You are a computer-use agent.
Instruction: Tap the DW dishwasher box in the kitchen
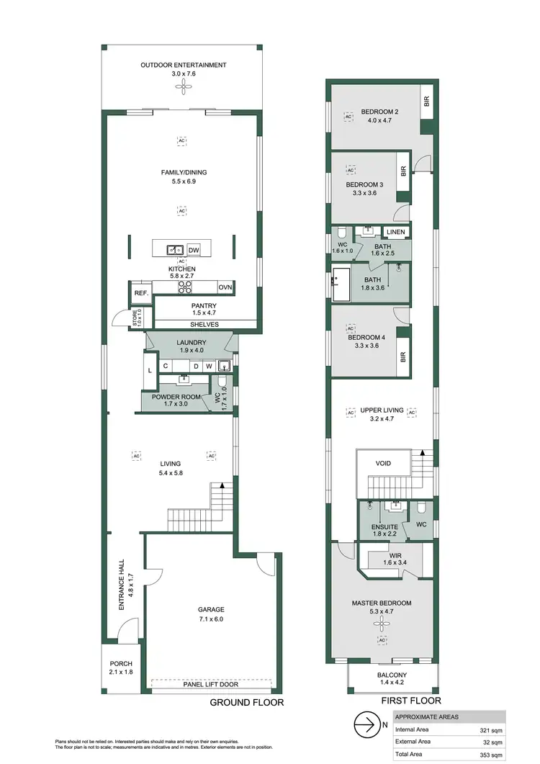pos(194,250)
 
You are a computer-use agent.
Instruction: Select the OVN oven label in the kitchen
pos(225,287)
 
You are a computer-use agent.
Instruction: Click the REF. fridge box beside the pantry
pos(140,293)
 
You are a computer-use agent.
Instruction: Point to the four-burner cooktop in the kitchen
pos(184,287)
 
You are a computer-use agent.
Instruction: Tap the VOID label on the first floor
pos(383,463)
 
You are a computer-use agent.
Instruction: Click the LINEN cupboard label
pos(395,232)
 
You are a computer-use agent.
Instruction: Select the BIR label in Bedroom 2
pos(426,102)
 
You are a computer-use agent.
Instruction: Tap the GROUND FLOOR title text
pos(246,702)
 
